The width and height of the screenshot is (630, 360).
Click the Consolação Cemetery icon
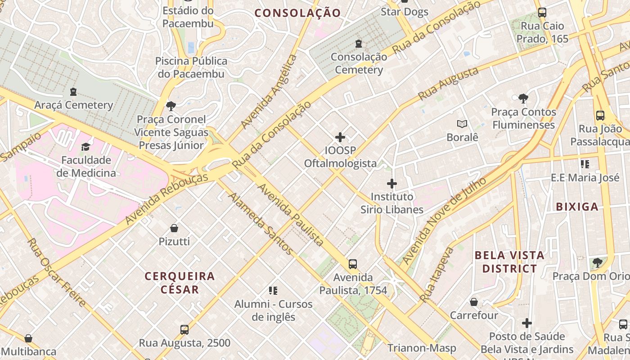click(359, 44)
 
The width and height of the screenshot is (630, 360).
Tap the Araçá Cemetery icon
click(73, 92)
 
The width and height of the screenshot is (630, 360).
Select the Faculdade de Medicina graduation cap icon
click(85, 147)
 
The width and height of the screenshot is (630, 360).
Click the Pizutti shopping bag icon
click(174, 228)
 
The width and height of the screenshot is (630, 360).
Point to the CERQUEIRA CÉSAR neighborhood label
click(180, 283)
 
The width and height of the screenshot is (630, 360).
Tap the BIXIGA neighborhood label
click(577, 207)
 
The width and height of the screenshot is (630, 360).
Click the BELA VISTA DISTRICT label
click(509, 262)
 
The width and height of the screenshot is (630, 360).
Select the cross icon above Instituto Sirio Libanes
click(392, 184)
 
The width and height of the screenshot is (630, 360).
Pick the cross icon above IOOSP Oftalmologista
click(340, 137)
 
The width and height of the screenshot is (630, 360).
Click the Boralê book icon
click(462, 124)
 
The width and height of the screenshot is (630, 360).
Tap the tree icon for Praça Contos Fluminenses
click(523, 98)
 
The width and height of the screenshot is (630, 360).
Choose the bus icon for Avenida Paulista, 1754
click(353, 264)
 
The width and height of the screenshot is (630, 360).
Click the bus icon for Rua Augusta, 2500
click(184, 330)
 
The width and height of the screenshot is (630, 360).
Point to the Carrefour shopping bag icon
click(474, 301)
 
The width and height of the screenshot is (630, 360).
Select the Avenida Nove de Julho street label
click(444, 220)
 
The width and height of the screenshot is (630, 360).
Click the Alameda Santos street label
click(261, 224)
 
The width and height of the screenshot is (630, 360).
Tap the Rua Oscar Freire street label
click(57, 272)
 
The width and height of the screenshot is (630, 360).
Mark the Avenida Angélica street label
click(269, 92)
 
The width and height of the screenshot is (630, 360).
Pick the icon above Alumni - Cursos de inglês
click(273, 291)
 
